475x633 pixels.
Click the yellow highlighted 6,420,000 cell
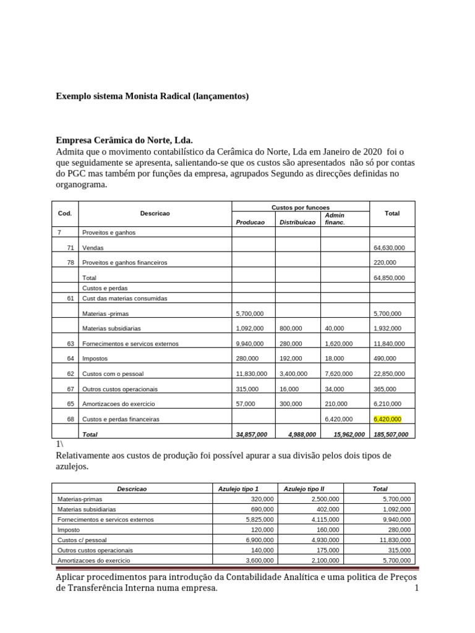387,419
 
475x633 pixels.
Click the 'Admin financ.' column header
335,219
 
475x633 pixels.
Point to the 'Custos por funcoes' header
300,207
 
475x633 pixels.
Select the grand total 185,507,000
391,435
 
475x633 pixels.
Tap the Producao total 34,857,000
252,435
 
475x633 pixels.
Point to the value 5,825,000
260,520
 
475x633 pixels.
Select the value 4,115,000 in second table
325,520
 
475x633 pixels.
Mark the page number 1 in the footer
416,588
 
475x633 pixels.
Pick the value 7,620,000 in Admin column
338,374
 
